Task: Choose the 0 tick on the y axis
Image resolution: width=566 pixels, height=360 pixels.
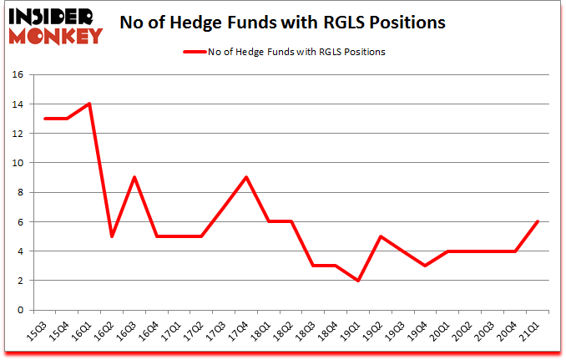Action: coord(19,310)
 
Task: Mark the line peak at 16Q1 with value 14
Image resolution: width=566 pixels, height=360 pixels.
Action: coord(89,104)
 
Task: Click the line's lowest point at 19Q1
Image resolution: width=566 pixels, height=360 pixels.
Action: coord(358,281)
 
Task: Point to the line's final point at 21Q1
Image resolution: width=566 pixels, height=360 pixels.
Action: coord(538,221)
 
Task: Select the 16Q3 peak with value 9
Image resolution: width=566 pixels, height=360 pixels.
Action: coord(134,177)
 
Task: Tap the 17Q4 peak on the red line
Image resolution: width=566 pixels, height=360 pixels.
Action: coord(246,177)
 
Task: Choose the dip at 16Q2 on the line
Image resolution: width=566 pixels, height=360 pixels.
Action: coord(112,236)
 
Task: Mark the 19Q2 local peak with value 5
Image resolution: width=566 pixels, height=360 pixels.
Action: coord(381,236)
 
